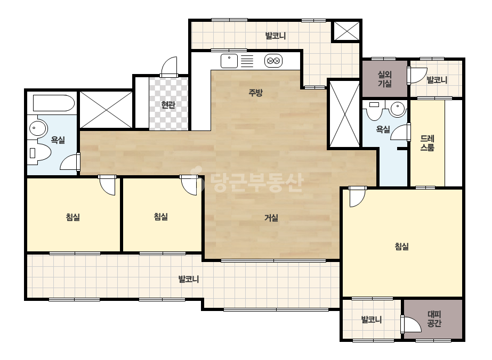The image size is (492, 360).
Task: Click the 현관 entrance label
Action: (168, 105)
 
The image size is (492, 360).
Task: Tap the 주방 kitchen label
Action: (255, 93)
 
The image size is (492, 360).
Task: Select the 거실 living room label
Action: (271, 218)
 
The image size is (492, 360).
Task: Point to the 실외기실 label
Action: (385, 79)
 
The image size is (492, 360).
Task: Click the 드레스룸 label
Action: (428, 143)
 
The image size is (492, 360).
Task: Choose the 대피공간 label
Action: (434, 318)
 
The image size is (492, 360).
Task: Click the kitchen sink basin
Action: (229, 61)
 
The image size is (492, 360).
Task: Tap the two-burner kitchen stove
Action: (273, 61)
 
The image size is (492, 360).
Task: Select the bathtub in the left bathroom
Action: (54, 103)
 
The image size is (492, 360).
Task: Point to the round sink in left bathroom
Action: (38, 128)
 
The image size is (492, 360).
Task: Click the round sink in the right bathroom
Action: (398, 109)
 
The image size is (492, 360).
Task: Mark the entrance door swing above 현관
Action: (169, 67)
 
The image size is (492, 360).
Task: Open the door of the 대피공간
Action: (410, 324)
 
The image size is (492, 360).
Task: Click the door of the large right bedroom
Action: (357, 197)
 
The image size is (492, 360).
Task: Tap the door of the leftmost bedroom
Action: (107, 185)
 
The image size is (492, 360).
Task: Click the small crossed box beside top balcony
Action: (346, 31)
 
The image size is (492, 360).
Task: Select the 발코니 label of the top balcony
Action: (276, 36)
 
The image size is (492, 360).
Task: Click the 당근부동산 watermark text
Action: (257, 183)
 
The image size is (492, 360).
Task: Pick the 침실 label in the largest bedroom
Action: (401, 247)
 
